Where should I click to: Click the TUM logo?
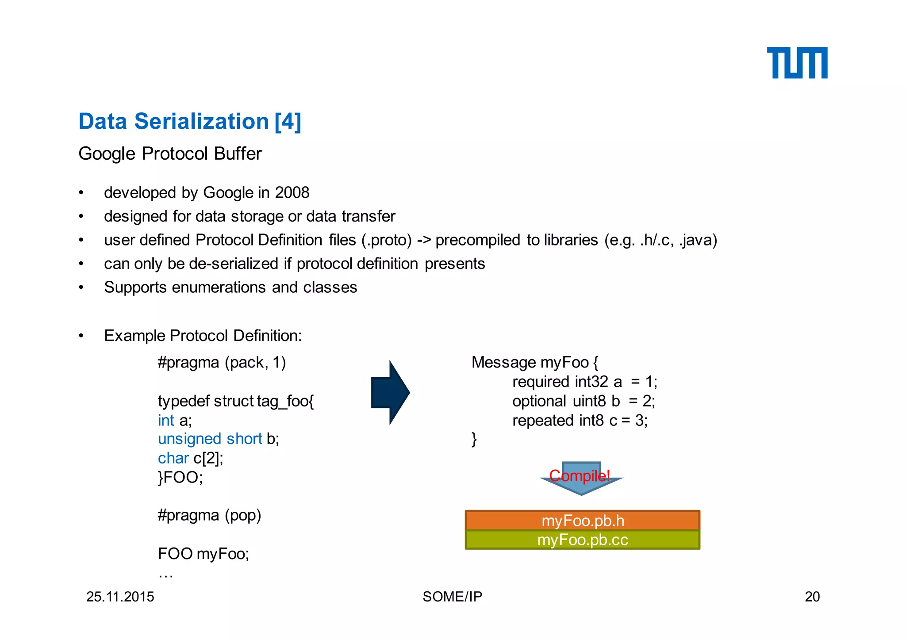pos(797,63)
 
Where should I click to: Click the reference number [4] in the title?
pos(288,122)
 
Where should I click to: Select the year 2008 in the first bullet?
pos(292,193)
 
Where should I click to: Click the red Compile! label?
pos(580,476)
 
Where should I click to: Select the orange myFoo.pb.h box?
pos(582,521)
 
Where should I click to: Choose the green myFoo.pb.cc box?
pos(582,540)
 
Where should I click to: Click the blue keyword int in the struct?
pos(166,420)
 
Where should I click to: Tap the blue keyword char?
pos(173,458)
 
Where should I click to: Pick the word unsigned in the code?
pos(189,439)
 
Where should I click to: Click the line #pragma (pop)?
pos(209,515)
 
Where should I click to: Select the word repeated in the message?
pos(543,420)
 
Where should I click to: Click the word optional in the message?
pos(539,401)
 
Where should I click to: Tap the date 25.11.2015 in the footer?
pos(120,597)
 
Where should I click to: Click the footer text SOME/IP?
pos(452,597)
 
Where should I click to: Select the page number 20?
pos(812,597)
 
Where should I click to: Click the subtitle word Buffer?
pos(238,154)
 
